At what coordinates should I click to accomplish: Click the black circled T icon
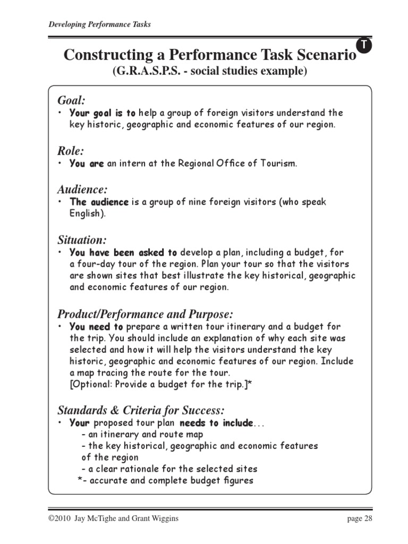point(364,46)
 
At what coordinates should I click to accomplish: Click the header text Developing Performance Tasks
point(99,24)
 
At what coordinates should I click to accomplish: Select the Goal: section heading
point(71,100)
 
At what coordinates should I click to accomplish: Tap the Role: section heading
point(70,151)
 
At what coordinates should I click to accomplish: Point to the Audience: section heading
point(82,189)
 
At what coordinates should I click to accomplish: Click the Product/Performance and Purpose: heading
point(145,313)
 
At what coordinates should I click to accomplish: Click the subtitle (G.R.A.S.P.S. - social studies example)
point(209,71)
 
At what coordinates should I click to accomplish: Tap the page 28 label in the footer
point(361,518)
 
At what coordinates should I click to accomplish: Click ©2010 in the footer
point(60,518)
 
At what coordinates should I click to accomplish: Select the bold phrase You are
point(87,164)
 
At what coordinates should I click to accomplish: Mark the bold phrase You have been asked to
point(123,252)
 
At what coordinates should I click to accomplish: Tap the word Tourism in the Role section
point(278,164)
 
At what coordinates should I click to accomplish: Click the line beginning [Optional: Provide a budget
point(160,385)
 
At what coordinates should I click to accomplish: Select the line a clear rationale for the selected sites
point(169,469)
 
